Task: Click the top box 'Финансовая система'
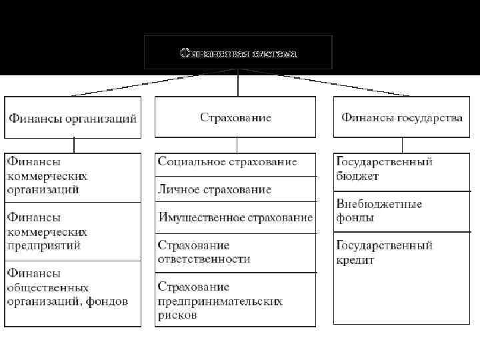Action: pyautogui.click(x=238, y=53)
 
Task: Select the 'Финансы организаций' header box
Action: pyautogui.click(x=73, y=118)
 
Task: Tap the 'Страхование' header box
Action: pyautogui.click(x=235, y=117)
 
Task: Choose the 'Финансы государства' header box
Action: pyautogui.click(x=401, y=117)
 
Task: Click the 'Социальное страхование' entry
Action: pyautogui.click(x=227, y=162)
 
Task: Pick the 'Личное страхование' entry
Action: pyautogui.click(x=215, y=189)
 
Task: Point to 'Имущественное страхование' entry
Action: pyautogui.click(x=235, y=217)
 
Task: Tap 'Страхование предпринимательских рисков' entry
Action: pyautogui.click(x=220, y=301)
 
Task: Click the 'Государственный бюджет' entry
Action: pyautogui.click(x=385, y=169)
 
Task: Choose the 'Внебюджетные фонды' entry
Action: pyautogui.click(x=379, y=211)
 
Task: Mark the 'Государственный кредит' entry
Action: pyautogui.click(x=385, y=252)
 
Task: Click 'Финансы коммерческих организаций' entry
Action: pyautogui.click(x=47, y=175)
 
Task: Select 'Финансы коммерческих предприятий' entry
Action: pyautogui.click(x=47, y=231)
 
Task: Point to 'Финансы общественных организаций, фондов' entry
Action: pyautogui.click(x=67, y=287)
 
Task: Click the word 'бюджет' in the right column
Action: pyautogui.click(x=358, y=176)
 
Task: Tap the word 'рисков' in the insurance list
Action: pyautogui.click(x=177, y=315)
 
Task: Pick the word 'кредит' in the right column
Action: pyautogui.click(x=355, y=260)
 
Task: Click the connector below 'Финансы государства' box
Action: pyautogui.click(x=402, y=145)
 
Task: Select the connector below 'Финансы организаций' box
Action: pyautogui.click(x=73, y=145)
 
